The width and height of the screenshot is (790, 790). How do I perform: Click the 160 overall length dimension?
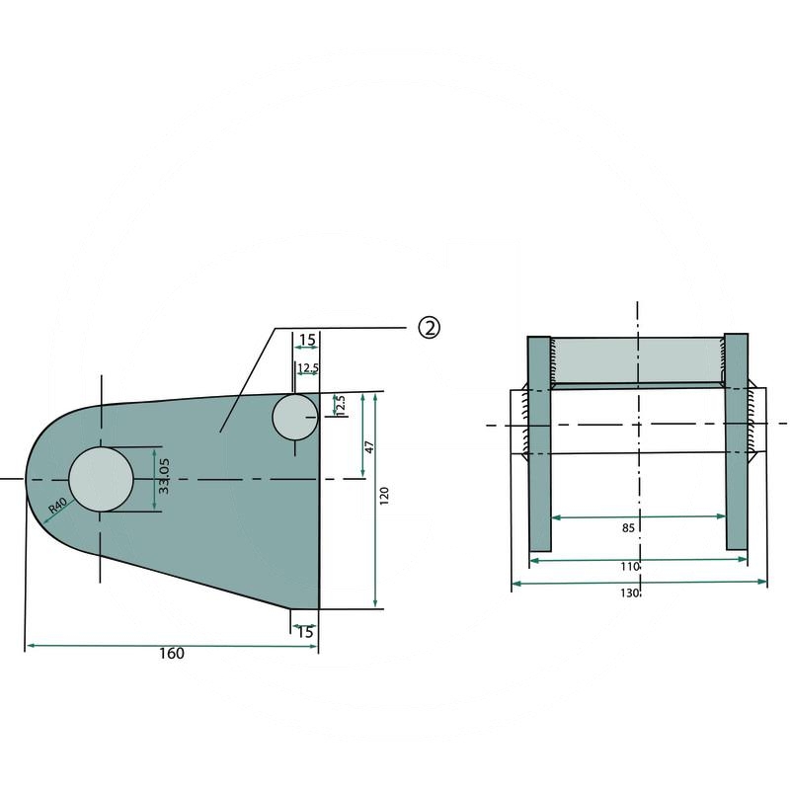coord(171,654)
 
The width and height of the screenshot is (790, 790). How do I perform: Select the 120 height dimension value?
coord(384,496)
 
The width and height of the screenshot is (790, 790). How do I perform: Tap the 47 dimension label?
coord(369,445)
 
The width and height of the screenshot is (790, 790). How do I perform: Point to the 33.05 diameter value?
coord(165,476)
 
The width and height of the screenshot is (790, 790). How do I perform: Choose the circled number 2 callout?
coord(429,328)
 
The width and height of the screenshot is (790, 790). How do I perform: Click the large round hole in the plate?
coord(101,480)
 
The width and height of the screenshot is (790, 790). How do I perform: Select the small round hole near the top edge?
coord(294,417)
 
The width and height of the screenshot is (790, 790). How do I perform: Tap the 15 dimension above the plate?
coord(307,340)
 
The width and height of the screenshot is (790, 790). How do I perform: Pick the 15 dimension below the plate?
coord(305,632)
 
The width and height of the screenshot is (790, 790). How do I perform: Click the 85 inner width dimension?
coord(628,528)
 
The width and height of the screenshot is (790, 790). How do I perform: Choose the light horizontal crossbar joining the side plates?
coord(637,360)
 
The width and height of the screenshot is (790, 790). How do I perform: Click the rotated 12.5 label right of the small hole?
coord(341,405)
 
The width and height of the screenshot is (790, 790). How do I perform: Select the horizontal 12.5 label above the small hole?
coord(307,368)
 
